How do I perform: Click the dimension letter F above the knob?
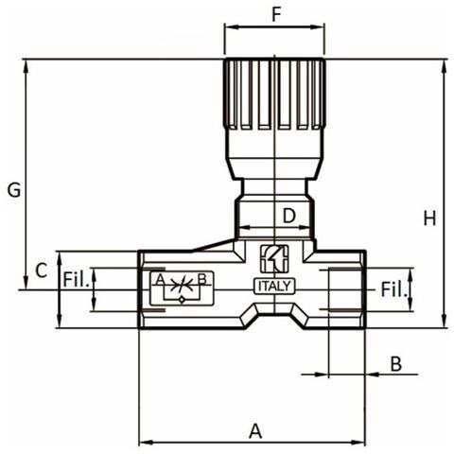click(276, 14)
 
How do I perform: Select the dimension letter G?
click(13, 190)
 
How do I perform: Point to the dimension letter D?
click(289, 216)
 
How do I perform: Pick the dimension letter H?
click(429, 218)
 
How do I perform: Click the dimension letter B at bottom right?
click(395, 363)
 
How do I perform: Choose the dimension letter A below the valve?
click(254, 430)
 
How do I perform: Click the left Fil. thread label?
click(76, 281)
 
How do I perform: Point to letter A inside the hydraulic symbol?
click(160, 280)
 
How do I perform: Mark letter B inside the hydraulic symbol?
click(201, 280)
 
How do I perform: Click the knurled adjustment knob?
click(274, 95)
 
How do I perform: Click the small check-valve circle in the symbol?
click(182, 297)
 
